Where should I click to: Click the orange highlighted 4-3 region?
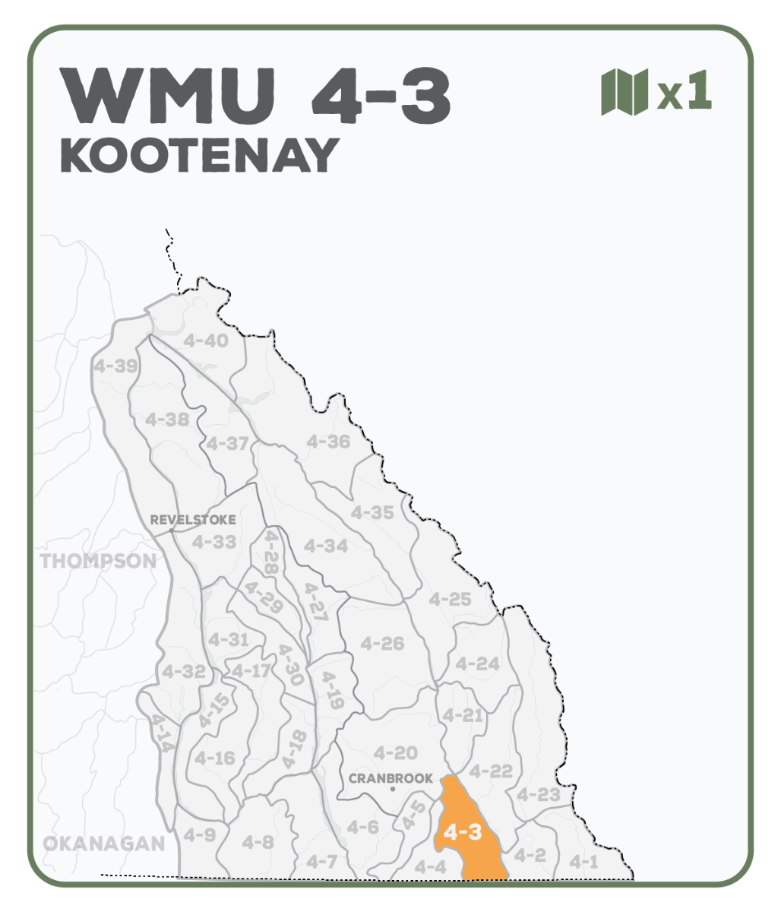(465, 832)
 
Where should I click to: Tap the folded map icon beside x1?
(624, 91)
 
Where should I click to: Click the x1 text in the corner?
(685, 93)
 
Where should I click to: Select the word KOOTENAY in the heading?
(199, 156)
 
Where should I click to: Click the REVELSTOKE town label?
(193, 521)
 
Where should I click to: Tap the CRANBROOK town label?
(390, 778)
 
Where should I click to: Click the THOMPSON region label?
(98, 562)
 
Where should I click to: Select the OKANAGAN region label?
(103, 844)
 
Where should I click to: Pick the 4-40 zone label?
(206, 341)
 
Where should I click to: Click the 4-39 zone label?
(115, 366)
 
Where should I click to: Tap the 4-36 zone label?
(328, 442)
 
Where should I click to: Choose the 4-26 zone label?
(382, 644)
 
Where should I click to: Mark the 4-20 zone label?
(396, 753)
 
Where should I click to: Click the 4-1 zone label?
(584, 862)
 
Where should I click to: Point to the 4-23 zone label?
(539, 795)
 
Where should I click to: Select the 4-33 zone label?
(213, 542)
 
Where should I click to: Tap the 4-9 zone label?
(199, 835)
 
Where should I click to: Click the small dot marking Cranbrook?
(393, 790)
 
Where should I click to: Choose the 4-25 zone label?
(450, 600)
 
